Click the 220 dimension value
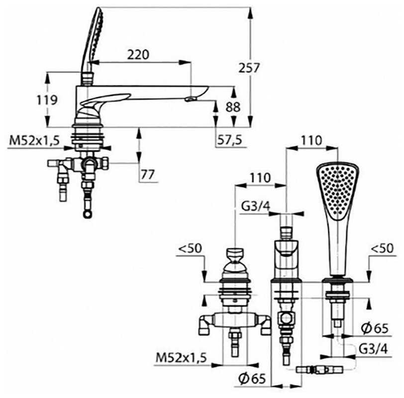[x=138, y=55]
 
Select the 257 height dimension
[x=249, y=68]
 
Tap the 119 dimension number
[x=47, y=100]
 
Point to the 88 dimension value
[x=233, y=107]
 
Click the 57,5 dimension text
[x=229, y=140]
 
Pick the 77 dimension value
[x=148, y=175]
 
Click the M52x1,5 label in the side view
[x=34, y=141]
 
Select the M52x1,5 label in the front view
[x=181, y=357]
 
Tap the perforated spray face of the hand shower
[x=337, y=191]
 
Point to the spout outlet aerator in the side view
[x=191, y=99]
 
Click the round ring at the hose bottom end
[x=88, y=214]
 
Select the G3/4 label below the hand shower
[x=373, y=349]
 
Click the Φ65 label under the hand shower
[x=374, y=328]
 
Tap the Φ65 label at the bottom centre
[x=252, y=378]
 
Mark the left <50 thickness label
[x=191, y=248]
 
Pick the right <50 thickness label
[x=382, y=248]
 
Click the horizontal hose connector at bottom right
[x=319, y=370]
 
